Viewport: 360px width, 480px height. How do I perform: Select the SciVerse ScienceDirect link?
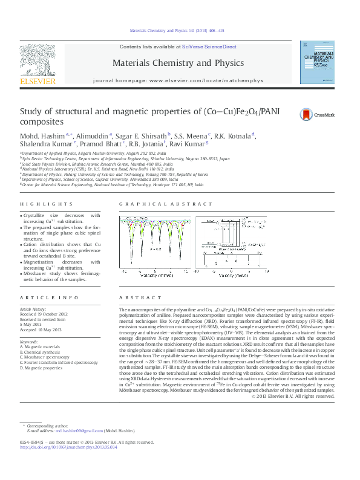209,47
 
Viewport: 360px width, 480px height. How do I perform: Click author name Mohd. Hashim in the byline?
41,135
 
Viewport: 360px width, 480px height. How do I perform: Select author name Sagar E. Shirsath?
145,135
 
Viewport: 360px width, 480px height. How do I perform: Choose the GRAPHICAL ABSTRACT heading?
157,205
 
